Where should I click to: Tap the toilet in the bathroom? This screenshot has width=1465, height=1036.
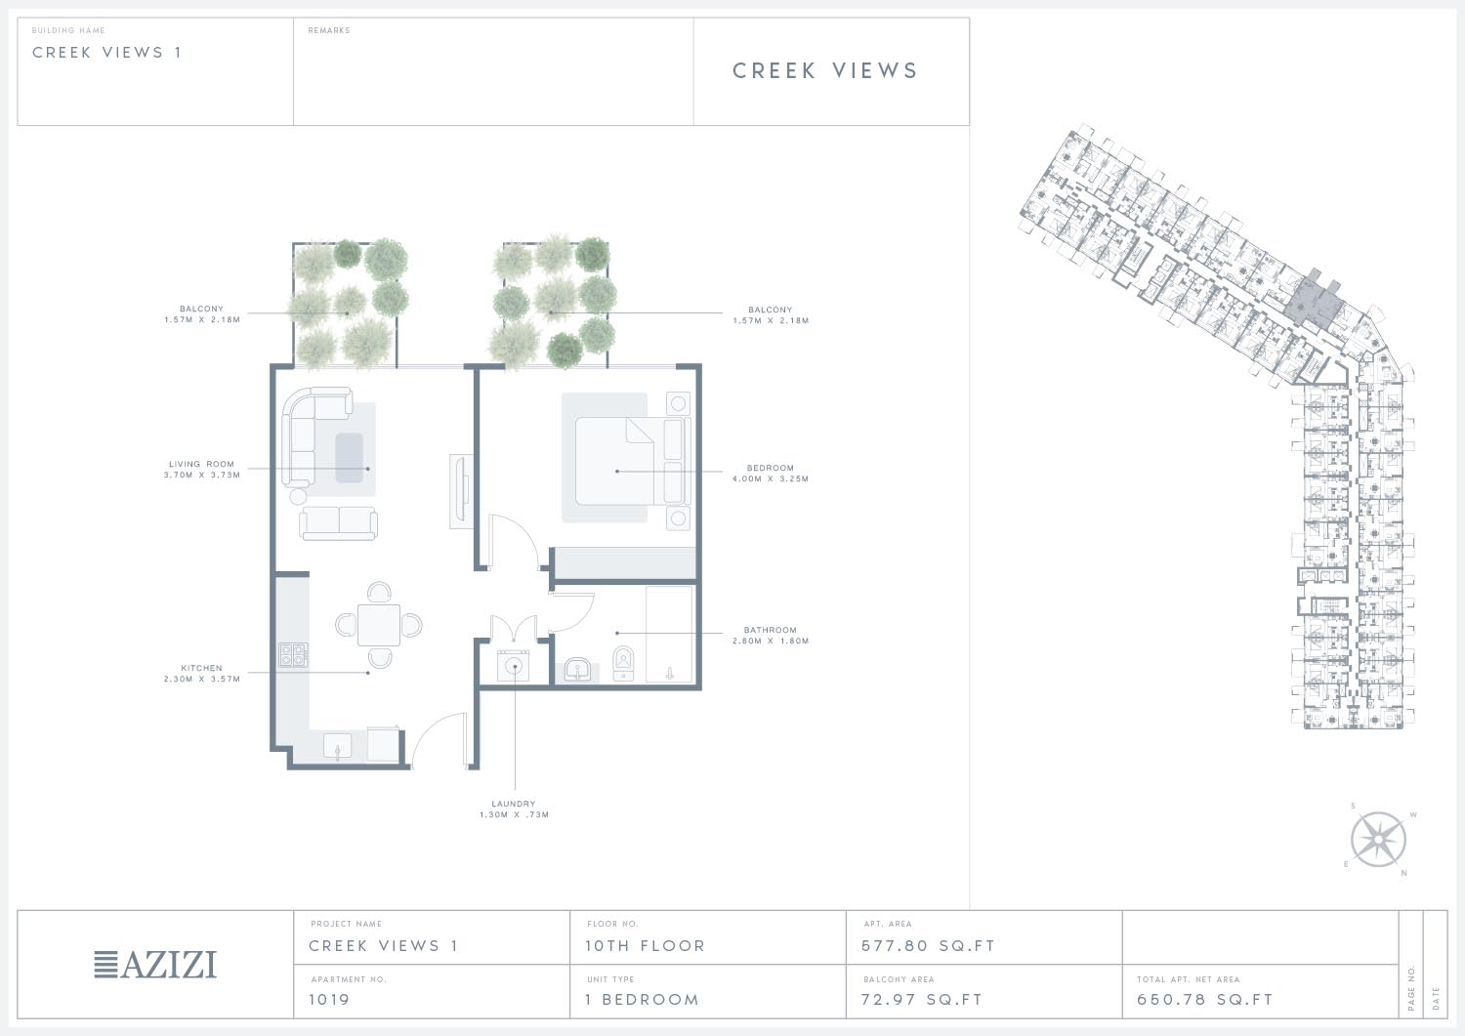tap(623, 663)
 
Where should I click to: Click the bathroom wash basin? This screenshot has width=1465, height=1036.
tap(577, 671)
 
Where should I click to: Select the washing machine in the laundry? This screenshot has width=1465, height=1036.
tap(514, 666)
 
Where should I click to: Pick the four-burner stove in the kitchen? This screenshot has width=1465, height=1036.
tap(293, 654)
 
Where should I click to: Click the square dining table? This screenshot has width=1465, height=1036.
tap(379, 625)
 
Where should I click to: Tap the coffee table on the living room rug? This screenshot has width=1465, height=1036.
tap(350, 458)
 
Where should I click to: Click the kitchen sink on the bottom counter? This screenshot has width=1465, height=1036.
tap(338, 747)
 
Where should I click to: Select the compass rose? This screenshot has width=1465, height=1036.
tap(1378, 839)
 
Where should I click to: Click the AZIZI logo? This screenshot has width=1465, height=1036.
tap(155, 965)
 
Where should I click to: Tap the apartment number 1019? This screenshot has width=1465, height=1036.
tap(329, 999)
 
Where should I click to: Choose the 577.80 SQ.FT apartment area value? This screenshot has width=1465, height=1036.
tap(928, 946)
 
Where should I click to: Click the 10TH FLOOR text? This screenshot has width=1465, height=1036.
tap(645, 946)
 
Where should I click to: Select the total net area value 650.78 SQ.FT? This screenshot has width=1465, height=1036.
tap(1204, 999)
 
